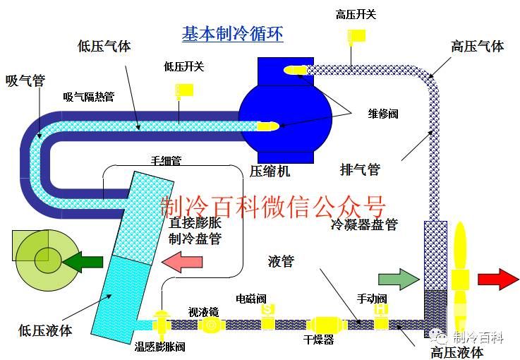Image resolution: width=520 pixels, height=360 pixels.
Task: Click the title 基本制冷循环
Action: pos(233,33)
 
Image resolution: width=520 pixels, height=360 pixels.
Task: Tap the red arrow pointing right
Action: pos(498,278)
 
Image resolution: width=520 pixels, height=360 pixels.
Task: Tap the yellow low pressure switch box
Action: pos(184,90)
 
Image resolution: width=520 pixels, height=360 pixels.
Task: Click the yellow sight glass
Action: pos(211,325)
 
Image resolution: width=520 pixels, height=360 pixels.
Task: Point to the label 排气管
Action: pos(360,169)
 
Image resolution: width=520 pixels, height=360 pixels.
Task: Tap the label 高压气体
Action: pos(478,47)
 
